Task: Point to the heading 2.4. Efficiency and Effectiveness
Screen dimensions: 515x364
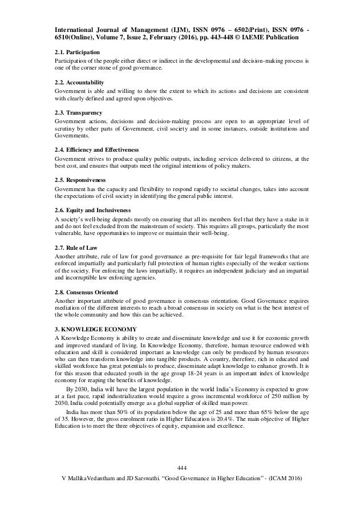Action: (x=96, y=150)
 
